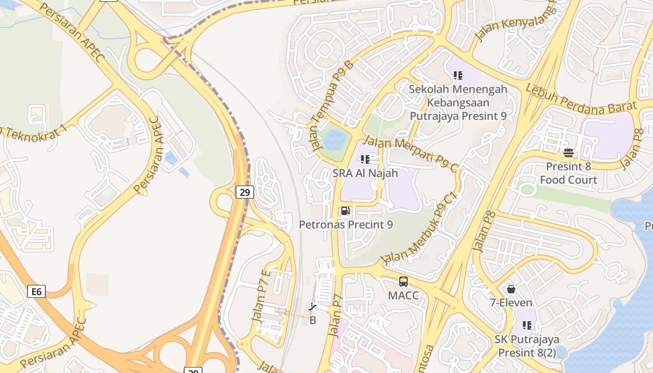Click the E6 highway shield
click(x=36, y=292)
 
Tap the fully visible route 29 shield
click(x=244, y=192)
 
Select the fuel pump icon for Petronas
click(x=345, y=211)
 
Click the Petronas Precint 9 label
click(x=346, y=225)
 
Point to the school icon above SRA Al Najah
click(x=365, y=159)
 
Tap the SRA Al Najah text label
click(x=365, y=173)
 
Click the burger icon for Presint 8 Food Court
click(x=568, y=152)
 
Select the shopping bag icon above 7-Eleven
click(x=511, y=289)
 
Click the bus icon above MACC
click(x=403, y=282)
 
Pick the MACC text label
click(x=403, y=296)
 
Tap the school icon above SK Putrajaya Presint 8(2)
click(x=527, y=325)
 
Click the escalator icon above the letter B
click(x=313, y=307)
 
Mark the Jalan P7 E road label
click(x=260, y=295)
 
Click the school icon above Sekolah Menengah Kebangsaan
click(x=458, y=75)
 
